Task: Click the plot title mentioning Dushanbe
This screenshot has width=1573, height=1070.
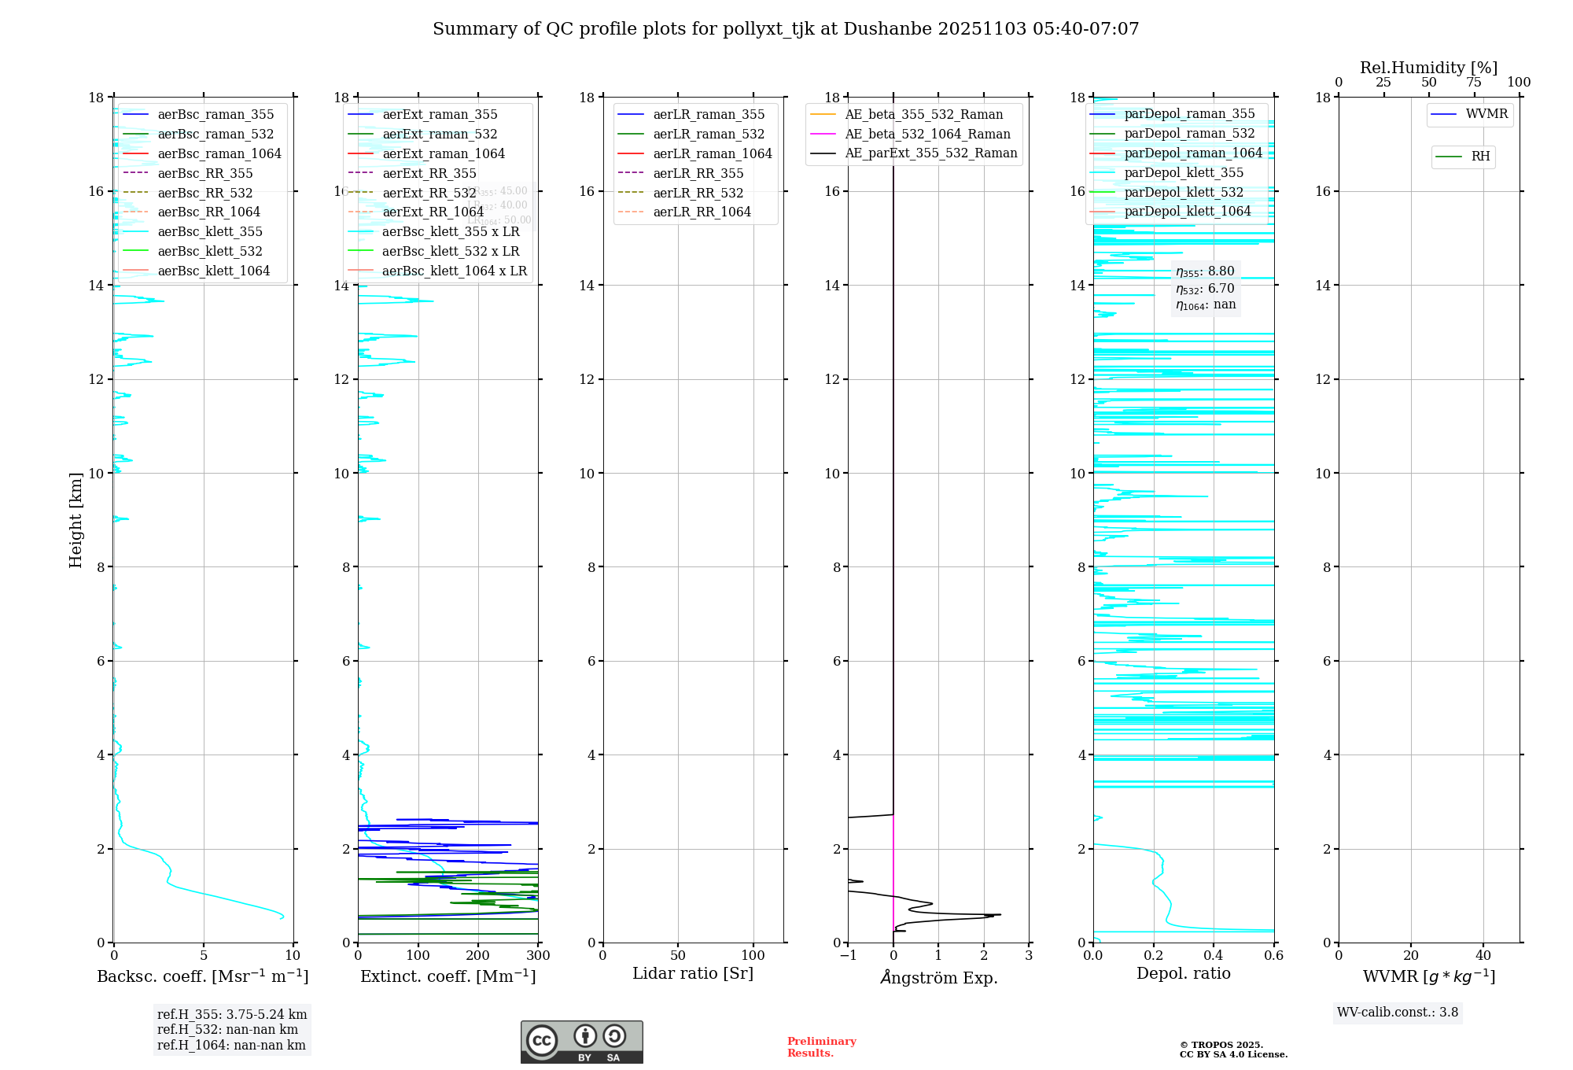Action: (786, 29)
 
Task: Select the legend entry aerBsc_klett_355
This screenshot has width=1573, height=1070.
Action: (210, 231)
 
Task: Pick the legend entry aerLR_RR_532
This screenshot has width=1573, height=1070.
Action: (698, 193)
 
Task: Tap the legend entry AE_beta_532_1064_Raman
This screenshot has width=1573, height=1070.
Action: (927, 134)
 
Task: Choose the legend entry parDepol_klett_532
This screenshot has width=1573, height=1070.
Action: (1184, 192)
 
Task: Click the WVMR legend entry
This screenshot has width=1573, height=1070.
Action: (1486, 114)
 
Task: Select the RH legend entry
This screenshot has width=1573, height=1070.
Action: (1480, 157)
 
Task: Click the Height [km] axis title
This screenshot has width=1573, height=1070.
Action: (76, 519)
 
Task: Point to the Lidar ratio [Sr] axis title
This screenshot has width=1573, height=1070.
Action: (693, 973)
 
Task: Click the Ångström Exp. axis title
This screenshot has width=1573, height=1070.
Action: (938, 977)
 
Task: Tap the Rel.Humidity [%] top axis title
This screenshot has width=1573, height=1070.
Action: (1428, 68)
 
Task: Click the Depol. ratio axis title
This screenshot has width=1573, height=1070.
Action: (1183, 973)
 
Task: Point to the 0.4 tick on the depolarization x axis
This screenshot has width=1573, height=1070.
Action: (1214, 955)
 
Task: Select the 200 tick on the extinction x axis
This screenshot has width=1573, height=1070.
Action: (478, 955)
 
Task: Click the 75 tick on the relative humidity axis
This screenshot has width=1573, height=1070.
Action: (1474, 83)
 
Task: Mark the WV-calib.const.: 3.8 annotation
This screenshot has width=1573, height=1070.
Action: (1398, 1013)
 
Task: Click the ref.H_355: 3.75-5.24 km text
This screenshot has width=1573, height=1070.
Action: (232, 1014)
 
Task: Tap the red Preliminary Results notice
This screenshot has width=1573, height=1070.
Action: (822, 1046)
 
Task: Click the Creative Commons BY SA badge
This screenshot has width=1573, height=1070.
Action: (581, 1042)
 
